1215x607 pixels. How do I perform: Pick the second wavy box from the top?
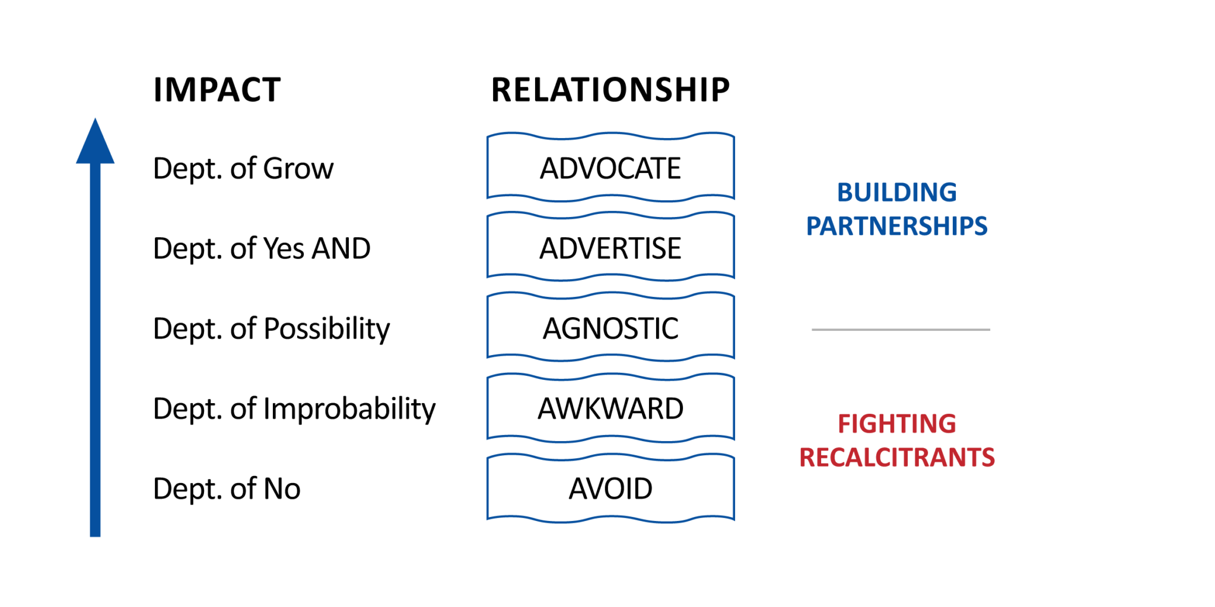coord(610,246)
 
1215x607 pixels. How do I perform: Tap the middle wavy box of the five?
coord(610,326)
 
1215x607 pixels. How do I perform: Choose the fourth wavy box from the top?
coord(610,408)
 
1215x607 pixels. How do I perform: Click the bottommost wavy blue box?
coord(610,488)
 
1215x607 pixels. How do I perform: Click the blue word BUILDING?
coord(897,193)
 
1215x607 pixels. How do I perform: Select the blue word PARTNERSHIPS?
coord(896,226)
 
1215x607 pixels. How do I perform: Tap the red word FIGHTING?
coord(897,424)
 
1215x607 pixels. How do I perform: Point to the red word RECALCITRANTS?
coord(897,458)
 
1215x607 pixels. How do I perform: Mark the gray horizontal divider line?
coord(901,330)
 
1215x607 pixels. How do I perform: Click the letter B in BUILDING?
coord(845,193)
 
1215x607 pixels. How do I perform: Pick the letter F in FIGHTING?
coord(844,424)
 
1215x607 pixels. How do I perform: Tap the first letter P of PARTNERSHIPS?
coord(813,226)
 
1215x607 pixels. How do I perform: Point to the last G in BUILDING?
coord(949,193)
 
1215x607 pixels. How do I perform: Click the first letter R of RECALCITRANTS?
coord(807,458)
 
